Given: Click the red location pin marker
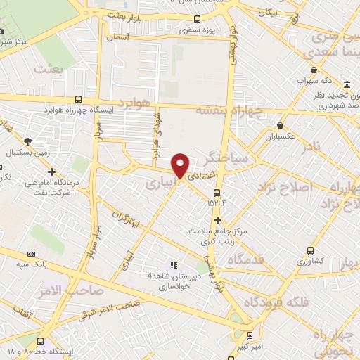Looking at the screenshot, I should tap(181, 165).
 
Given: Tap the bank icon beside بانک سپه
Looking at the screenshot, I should tap(30, 254).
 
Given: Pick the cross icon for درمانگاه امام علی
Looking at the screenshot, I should tap(51, 172).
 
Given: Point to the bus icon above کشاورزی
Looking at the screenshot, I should tap(311, 250).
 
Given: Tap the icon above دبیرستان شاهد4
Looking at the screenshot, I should tap(174, 264).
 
